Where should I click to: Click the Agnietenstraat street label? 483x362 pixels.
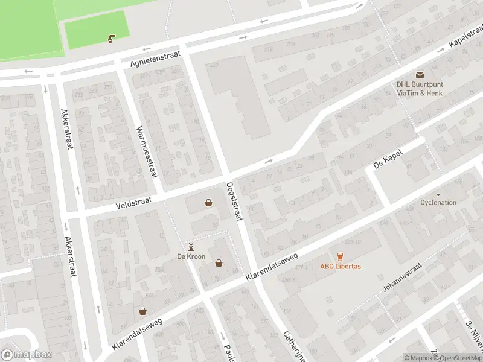[x=155, y=59]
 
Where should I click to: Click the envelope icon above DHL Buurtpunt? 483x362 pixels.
[x=420, y=74]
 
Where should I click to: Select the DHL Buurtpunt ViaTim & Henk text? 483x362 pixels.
[x=420, y=89]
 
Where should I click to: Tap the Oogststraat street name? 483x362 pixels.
[x=234, y=201]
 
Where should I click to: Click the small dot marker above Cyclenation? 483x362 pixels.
[x=438, y=194]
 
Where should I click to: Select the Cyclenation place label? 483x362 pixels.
[x=438, y=203]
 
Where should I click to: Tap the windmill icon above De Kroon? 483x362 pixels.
[x=191, y=247]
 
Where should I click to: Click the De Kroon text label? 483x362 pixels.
[x=191, y=256]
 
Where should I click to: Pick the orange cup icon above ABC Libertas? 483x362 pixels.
[x=340, y=256]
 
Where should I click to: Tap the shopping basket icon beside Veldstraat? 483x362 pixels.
[x=208, y=203]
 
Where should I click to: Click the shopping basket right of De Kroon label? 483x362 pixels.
[x=219, y=262]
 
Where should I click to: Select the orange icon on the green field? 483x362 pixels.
[x=110, y=39]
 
